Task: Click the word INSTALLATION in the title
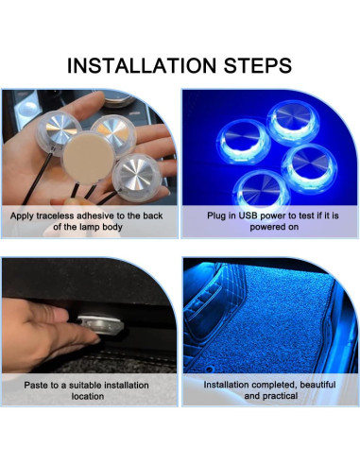[142, 65]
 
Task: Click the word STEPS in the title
[258, 65]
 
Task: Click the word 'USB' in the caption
[249, 215]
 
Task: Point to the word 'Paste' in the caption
[36, 386]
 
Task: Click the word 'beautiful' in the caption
[317, 385]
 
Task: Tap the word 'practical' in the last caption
[279, 396]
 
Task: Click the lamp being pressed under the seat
[99, 324]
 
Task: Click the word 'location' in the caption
[88, 396]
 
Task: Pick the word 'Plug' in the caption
[214, 216]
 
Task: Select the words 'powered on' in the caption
[274, 227]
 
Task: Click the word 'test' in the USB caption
[306, 215]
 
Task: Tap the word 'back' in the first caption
[153, 215]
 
